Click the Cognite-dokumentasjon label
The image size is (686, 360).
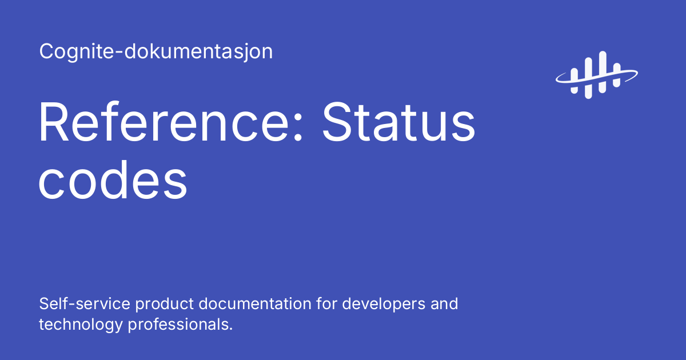pyautogui.click(x=156, y=52)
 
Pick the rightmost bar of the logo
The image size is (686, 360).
pyautogui.click(x=616, y=76)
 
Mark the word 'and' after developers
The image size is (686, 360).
pyautogui.click(x=444, y=303)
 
